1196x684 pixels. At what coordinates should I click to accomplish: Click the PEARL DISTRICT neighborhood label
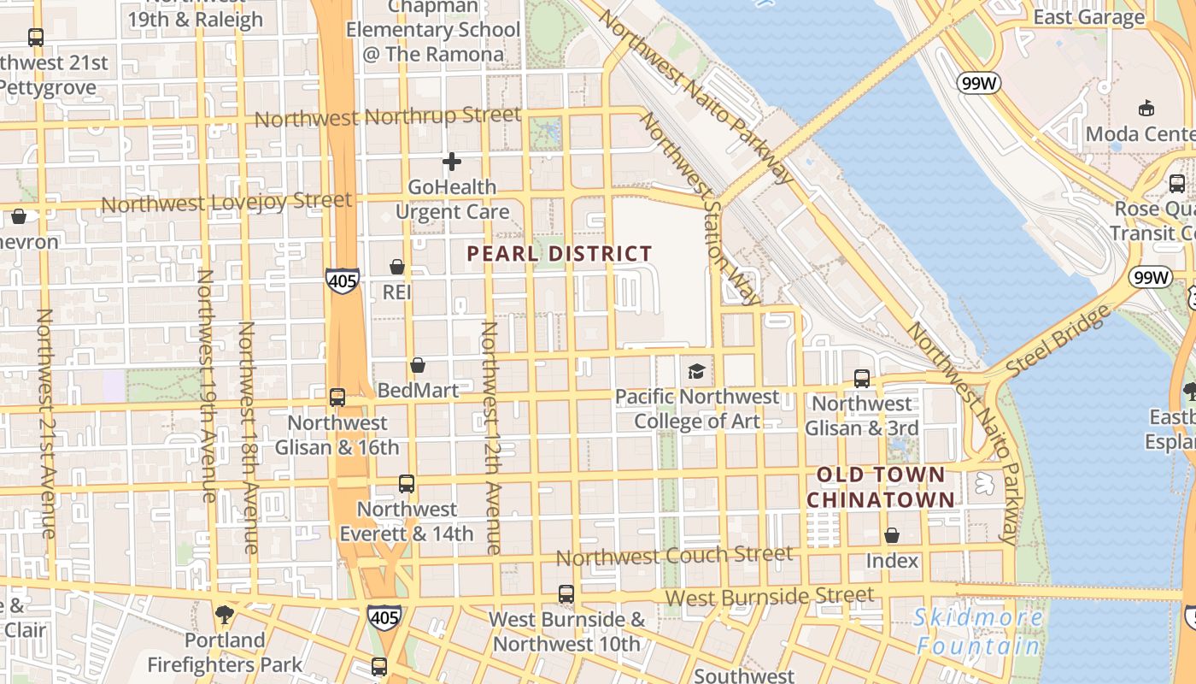[560, 254]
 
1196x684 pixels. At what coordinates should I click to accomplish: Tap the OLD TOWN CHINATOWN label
[881, 487]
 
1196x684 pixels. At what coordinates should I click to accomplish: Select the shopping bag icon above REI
[396, 268]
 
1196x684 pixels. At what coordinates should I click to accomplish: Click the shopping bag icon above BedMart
[418, 366]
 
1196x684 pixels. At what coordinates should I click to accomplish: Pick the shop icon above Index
[892, 536]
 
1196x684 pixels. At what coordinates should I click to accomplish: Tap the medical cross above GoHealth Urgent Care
[452, 162]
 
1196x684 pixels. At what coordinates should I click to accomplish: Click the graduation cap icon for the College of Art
[696, 372]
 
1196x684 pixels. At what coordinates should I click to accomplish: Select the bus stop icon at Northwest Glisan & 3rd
[862, 379]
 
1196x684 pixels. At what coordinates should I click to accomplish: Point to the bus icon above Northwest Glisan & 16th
[337, 398]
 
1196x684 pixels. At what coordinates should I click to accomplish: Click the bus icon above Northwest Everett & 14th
[407, 484]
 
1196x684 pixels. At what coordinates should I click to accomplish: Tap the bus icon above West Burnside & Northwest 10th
[566, 594]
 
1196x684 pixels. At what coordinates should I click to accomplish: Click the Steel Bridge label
[1059, 339]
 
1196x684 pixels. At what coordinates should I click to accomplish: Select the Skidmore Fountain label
[978, 631]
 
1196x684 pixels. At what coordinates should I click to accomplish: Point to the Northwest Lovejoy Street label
[226, 203]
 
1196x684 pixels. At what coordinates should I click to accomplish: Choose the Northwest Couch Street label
[674, 556]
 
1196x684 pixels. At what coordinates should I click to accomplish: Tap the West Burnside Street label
[769, 596]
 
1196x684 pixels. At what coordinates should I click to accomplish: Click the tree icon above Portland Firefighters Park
[224, 615]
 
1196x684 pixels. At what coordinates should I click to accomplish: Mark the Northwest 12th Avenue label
[490, 438]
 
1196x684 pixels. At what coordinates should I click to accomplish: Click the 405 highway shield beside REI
[342, 280]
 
